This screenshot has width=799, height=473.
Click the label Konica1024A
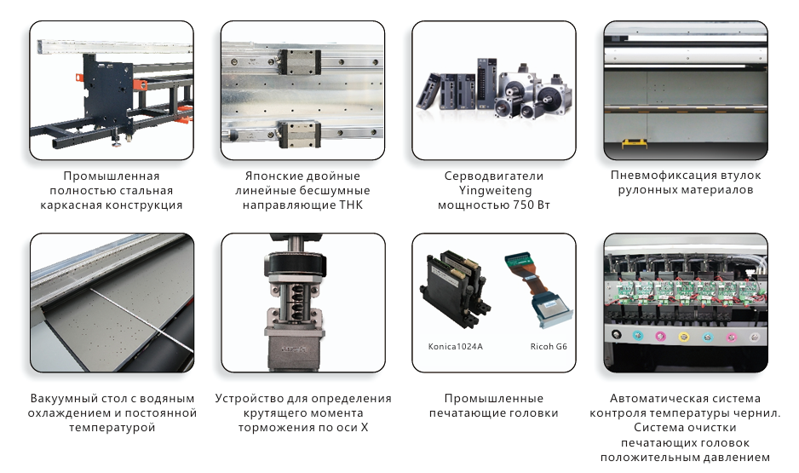pyautogui.click(x=455, y=347)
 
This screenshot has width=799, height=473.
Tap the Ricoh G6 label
pyautogui.click(x=549, y=347)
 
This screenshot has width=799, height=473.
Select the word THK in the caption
pyautogui.click(x=352, y=205)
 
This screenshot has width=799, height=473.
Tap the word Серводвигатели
pyautogui.click(x=494, y=176)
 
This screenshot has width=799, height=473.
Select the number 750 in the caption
pyautogui.click(x=520, y=205)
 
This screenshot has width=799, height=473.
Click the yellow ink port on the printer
pyautogui.click(x=683, y=337)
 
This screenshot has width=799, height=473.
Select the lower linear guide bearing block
pyautogui.click(x=300, y=134)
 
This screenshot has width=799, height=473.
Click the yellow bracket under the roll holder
pyautogui.click(x=635, y=143)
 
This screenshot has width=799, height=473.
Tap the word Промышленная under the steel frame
pyautogui.click(x=112, y=176)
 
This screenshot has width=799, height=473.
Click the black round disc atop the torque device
pyautogui.click(x=295, y=266)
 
